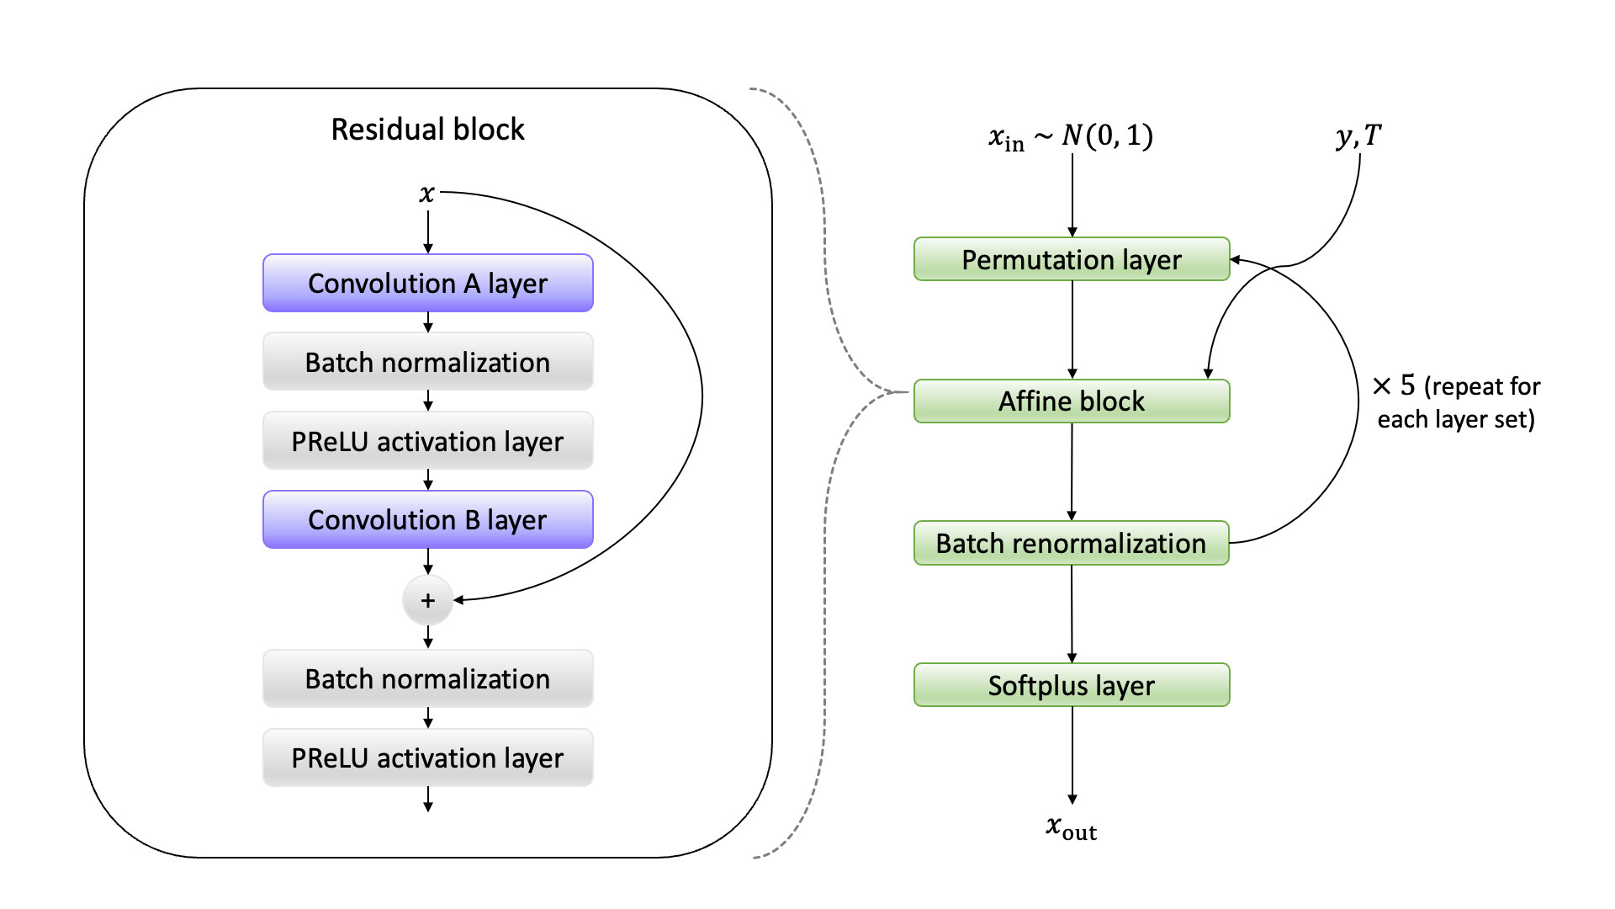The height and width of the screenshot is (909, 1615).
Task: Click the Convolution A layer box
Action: [427, 284]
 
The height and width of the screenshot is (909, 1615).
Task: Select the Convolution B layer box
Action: [427, 520]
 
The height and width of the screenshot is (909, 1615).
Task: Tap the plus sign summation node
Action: [427, 600]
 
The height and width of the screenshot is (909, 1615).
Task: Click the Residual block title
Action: [427, 130]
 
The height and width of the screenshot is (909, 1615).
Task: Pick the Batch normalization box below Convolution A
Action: [427, 362]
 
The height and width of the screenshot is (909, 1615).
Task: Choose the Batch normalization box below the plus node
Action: [427, 678]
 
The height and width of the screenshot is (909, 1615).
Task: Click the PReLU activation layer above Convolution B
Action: [427, 441]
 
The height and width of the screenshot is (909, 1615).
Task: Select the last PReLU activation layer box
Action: [427, 757]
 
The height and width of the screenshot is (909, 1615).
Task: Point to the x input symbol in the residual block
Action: [426, 194]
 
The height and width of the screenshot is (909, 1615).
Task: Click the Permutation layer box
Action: [1071, 259]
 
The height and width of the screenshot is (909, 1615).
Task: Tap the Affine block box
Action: [1071, 401]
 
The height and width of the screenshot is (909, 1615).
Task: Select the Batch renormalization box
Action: [1071, 543]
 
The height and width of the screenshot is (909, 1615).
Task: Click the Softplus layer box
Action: [1071, 685]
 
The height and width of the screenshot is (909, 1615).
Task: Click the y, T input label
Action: [1358, 136]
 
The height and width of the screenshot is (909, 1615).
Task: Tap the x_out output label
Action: [1071, 828]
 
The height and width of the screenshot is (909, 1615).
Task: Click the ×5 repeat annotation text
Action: [1456, 402]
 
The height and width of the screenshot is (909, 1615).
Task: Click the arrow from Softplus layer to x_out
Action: [1072, 755]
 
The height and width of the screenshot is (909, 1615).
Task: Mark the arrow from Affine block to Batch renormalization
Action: [1072, 472]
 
